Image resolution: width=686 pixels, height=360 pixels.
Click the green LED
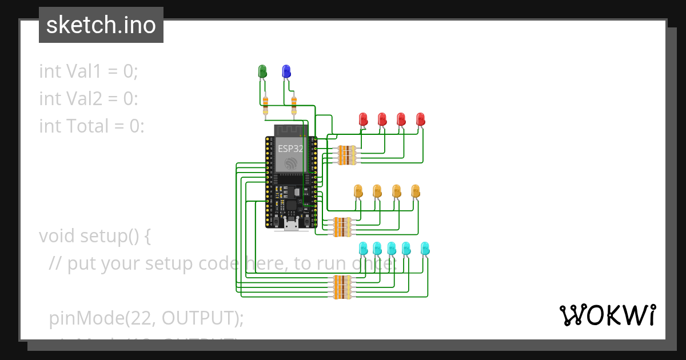tap(262, 71)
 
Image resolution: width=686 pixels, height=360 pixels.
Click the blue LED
tap(286, 71)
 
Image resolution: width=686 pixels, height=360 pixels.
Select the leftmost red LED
tap(363, 119)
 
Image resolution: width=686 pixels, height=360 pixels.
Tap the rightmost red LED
tap(421, 119)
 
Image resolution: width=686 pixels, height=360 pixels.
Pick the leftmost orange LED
tap(358, 191)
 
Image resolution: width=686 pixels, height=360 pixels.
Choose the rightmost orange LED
tap(416, 191)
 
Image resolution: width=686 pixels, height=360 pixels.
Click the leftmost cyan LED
tap(363, 248)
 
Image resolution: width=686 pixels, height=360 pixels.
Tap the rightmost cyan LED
tap(425, 248)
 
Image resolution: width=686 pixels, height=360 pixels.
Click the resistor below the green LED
tap(265, 105)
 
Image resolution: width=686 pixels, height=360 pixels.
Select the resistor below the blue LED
tap(294, 105)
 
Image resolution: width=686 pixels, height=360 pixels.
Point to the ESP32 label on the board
tap(290, 148)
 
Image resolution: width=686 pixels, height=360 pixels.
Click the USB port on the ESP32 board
tap(291, 225)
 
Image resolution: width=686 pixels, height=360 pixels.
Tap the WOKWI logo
tap(607, 315)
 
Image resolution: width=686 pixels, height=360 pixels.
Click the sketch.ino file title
tap(101, 25)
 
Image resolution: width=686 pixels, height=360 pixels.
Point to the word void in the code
tap(57, 235)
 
